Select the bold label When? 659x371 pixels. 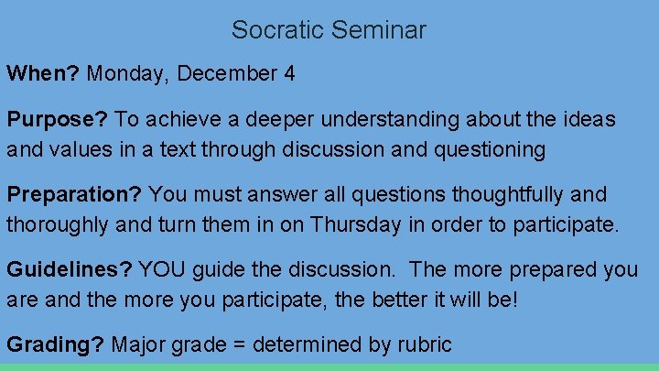(43, 74)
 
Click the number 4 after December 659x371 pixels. (289, 74)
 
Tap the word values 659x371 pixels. (79, 149)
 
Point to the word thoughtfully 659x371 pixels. (496, 195)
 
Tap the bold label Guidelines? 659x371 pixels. (70, 270)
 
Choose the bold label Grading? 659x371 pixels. (56, 345)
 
